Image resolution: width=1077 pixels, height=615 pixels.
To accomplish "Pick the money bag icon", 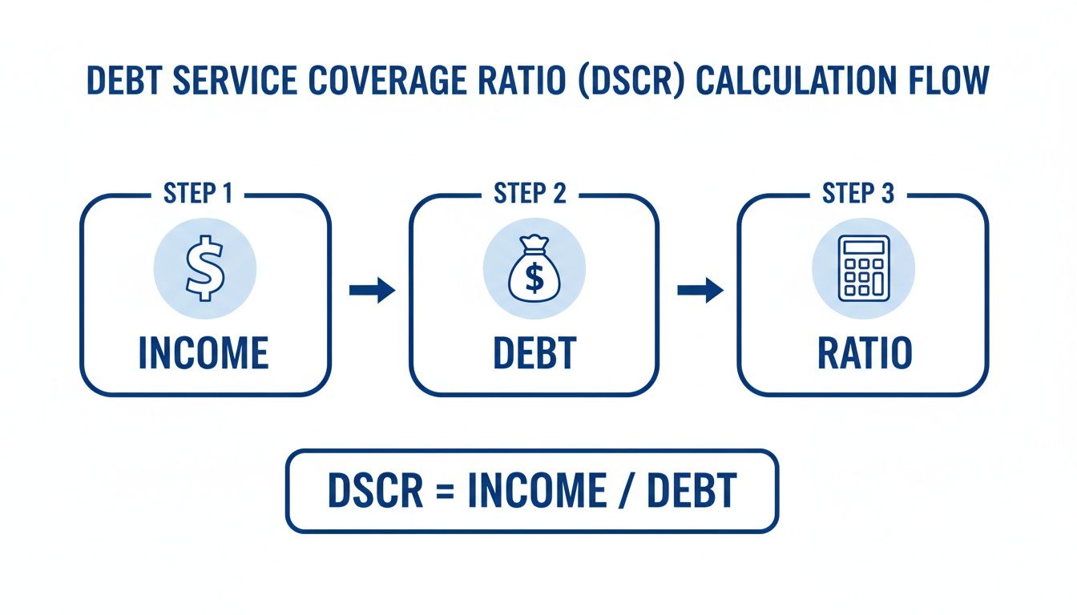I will pyautogui.click(x=534, y=269).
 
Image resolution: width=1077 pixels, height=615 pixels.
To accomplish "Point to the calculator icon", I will pyautogui.click(x=863, y=268).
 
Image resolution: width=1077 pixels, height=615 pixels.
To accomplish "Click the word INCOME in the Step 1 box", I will pyautogui.click(x=204, y=353).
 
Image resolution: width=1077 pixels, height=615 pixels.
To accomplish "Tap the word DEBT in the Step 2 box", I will pyautogui.click(x=534, y=353).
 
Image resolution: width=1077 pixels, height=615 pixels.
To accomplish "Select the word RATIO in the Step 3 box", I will pyautogui.click(x=864, y=353).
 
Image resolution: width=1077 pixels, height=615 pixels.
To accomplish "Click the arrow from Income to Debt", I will pyautogui.click(x=372, y=291).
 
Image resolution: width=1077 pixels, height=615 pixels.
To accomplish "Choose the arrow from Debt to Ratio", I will pyautogui.click(x=700, y=291).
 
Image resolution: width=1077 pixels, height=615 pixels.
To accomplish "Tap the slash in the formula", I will pyautogui.click(x=625, y=492).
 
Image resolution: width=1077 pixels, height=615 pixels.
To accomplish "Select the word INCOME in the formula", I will pyautogui.click(x=536, y=491).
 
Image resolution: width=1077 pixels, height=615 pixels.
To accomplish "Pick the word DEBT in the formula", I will pyautogui.click(x=691, y=491).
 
